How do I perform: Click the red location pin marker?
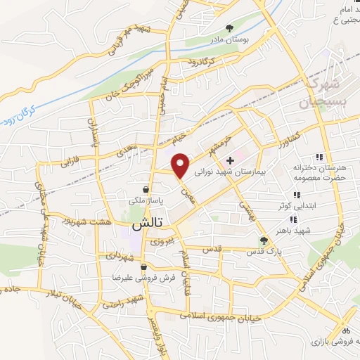[x=181, y=165]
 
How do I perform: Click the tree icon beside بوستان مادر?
[x=230, y=29]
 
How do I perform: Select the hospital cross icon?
[x=230, y=161]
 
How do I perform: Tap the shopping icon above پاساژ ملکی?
[x=145, y=189]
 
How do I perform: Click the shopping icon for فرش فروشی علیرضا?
[x=143, y=266]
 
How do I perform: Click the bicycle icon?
[x=345, y=329]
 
